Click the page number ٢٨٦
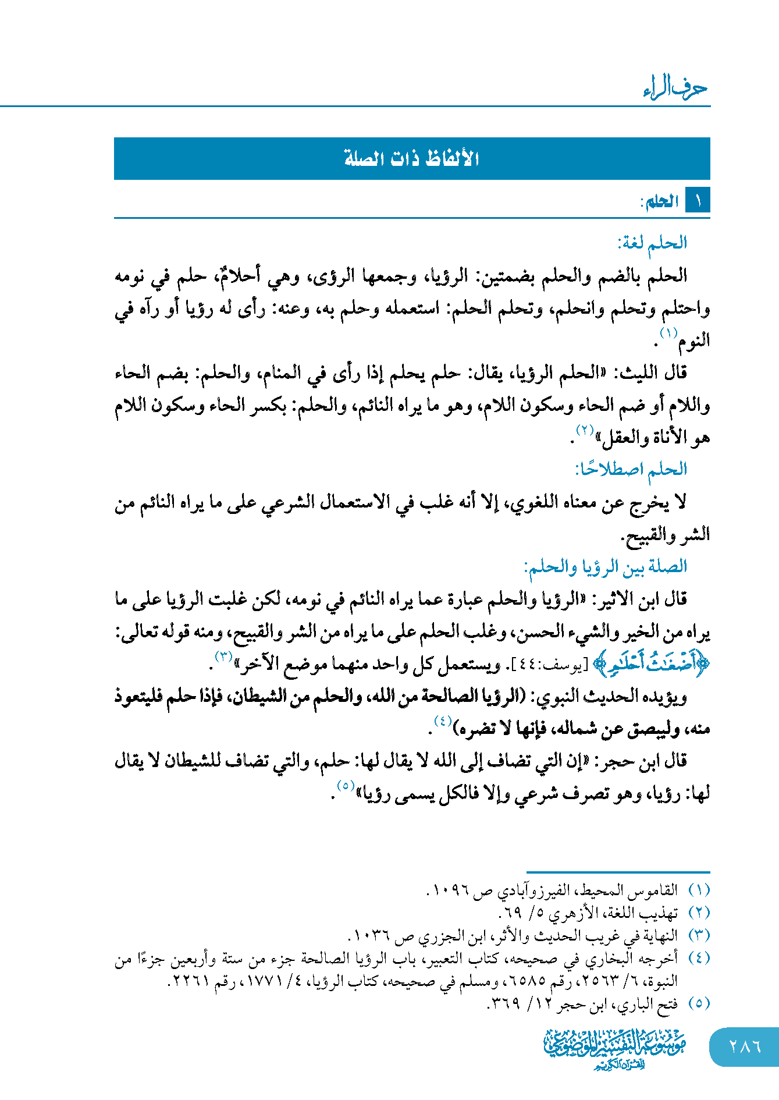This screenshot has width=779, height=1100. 745,1046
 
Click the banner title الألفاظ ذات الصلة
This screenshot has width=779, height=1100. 411,158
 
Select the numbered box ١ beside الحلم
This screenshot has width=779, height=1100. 698,201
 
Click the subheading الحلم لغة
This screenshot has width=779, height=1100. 652,243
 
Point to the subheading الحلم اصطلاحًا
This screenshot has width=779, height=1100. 631,469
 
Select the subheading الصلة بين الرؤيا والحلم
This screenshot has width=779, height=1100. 606,566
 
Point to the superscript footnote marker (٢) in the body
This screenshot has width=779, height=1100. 584,431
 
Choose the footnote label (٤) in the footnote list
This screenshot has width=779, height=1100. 699,959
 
